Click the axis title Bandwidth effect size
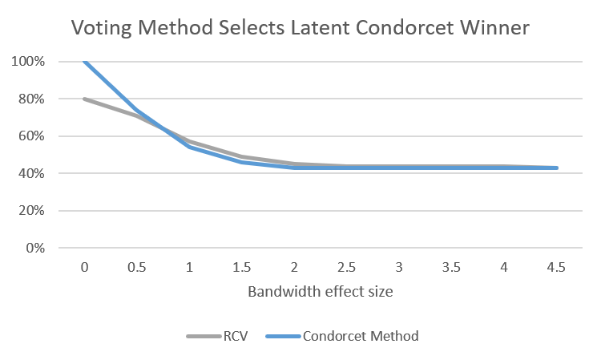click(x=321, y=292)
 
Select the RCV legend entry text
click(x=229, y=336)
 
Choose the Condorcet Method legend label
click(x=360, y=336)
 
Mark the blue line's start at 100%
click(x=85, y=62)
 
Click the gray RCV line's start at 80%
click(x=85, y=99)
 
